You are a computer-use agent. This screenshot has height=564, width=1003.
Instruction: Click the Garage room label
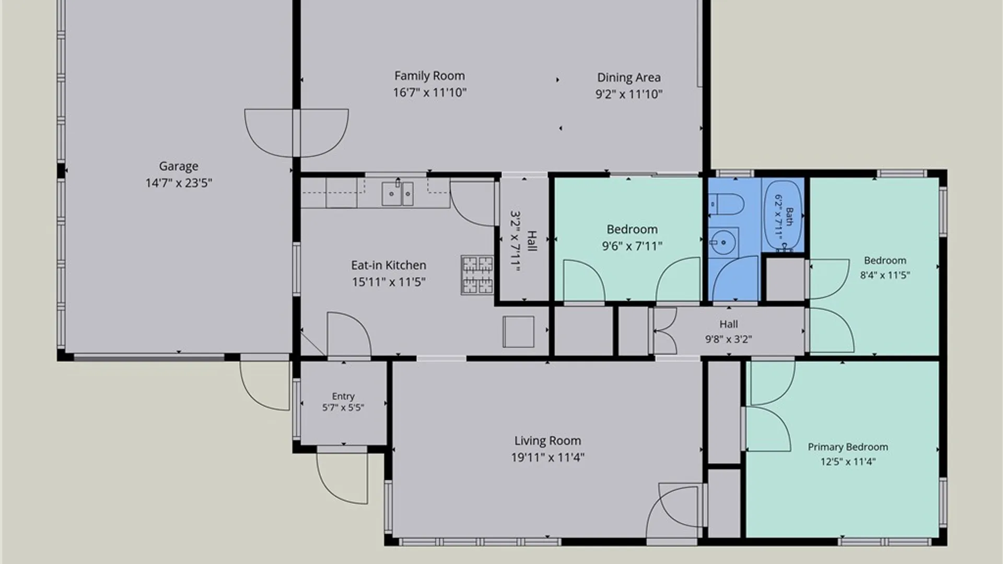[x=179, y=166]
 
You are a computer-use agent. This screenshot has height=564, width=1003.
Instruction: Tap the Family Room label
[x=429, y=76]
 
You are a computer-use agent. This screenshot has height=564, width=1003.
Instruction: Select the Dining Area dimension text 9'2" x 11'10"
[x=629, y=94]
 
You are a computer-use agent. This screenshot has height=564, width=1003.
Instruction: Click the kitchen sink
[x=398, y=193]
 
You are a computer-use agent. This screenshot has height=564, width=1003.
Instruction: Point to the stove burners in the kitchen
[x=477, y=275]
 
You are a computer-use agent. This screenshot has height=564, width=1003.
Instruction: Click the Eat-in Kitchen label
[x=388, y=265]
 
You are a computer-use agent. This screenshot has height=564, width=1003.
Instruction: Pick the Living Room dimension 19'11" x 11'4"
[x=547, y=457]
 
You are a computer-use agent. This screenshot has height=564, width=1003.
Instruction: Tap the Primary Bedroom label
[x=848, y=447]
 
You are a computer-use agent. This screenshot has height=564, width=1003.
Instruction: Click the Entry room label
[x=343, y=396]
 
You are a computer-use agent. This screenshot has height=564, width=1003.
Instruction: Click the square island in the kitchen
[x=518, y=332]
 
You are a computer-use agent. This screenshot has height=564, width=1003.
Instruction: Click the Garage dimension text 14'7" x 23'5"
[x=179, y=183]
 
